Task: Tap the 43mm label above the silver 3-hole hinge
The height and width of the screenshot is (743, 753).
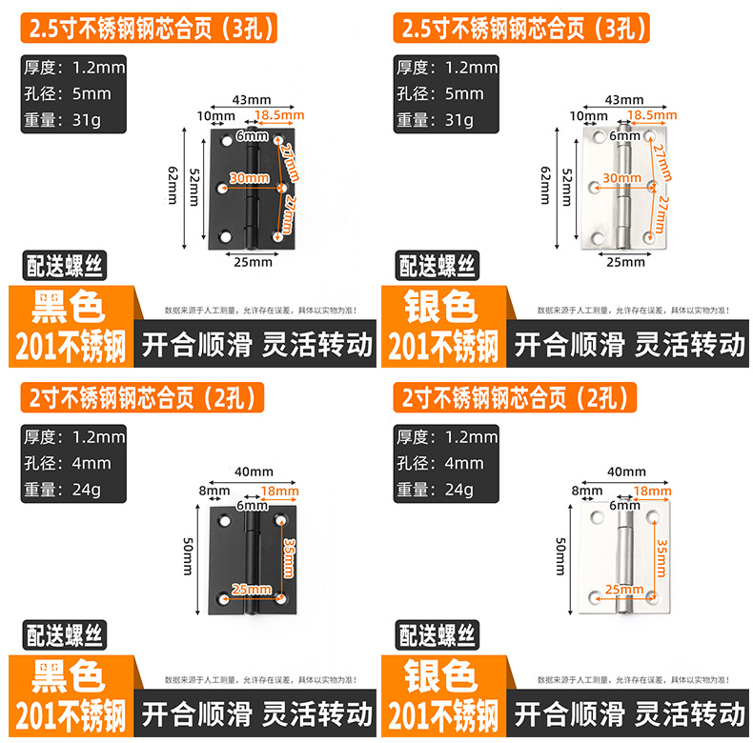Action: (x=624, y=99)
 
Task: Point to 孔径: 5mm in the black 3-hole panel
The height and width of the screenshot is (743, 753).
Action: (x=73, y=93)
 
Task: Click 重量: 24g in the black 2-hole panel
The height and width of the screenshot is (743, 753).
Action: (x=73, y=490)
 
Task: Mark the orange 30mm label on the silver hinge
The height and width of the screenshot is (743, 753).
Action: (x=621, y=178)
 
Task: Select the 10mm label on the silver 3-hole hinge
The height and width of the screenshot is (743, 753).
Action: (x=588, y=116)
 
